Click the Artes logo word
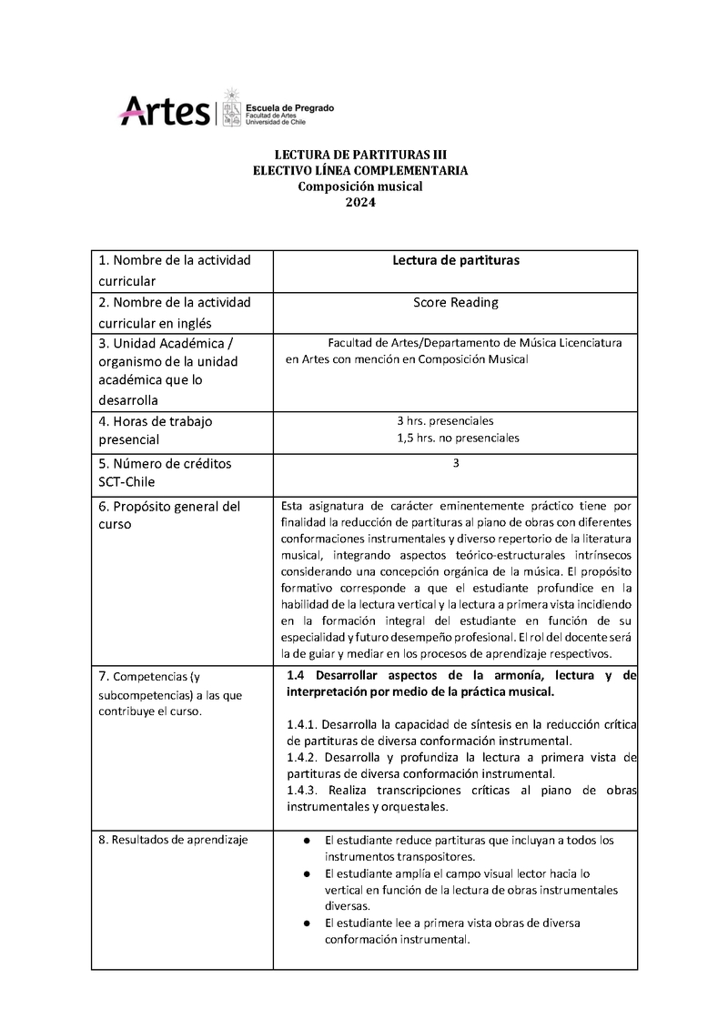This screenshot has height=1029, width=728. pyautogui.click(x=165, y=111)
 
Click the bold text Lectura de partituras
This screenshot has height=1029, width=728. pyautogui.click(x=455, y=260)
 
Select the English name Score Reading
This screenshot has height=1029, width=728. pyautogui.click(x=455, y=302)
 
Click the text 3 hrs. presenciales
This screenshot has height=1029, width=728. pyautogui.click(x=445, y=421)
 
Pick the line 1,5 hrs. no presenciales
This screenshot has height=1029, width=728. pyautogui.click(x=458, y=438)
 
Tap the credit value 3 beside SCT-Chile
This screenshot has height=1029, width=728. pyautogui.click(x=455, y=463)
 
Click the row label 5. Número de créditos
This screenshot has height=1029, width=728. pyautogui.click(x=165, y=463)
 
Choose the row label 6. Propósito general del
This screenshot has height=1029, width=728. pyautogui.click(x=169, y=506)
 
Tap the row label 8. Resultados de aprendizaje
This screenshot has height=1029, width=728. pyautogui.click(x=173, y=839)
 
